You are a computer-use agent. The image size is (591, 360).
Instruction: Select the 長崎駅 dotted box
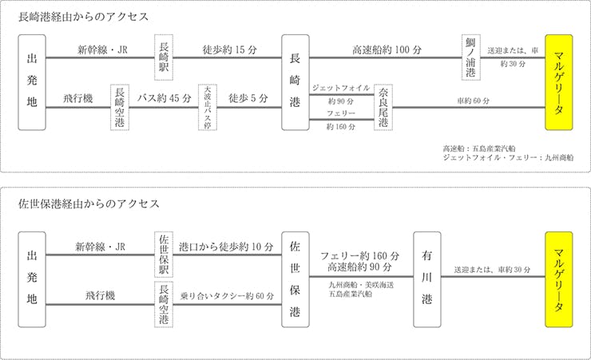[x=165, y=57]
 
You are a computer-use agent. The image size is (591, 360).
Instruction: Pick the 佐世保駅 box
[x=165, y=253]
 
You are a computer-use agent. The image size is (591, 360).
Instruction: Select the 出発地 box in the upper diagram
[x=31, y=82]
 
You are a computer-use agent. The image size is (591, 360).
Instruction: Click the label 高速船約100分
[x=387, y=50]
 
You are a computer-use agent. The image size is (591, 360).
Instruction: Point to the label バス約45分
[x=163, y=99]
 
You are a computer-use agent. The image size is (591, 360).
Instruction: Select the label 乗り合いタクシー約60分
[x=227, y=295]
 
